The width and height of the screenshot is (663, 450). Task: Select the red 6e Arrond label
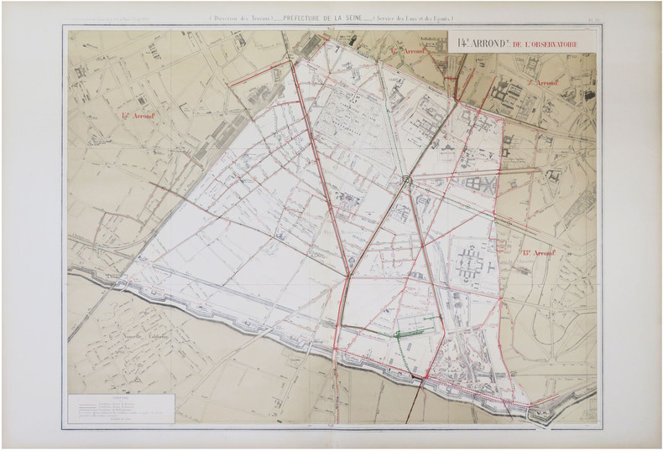pyautogui.click(x=409, y=51)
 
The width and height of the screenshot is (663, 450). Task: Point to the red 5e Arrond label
pyautogui.click(x=545, y=83)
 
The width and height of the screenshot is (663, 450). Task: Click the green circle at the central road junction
pyautogui.click(x=407, y=178)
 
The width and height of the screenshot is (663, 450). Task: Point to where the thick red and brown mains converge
pyautogui.click(x=347, y=276)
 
